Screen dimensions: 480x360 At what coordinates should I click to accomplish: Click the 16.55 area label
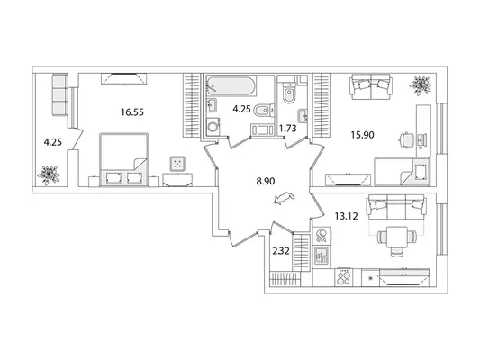click(x=132, y=112)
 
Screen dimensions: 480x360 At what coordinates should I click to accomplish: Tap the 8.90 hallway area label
click(x=266, y=182)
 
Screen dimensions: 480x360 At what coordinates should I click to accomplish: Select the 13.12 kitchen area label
click(x=346, y=217)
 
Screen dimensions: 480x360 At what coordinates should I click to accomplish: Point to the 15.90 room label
click(x=362, y=135)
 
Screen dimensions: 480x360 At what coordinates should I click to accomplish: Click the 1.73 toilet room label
click(x=288, y=129)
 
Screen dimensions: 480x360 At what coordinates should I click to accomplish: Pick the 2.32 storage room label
click(x=281, y=251)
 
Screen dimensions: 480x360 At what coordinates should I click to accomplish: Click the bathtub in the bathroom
click(x=231, y=85)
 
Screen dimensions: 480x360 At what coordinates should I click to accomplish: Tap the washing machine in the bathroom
click(x=213, y=126)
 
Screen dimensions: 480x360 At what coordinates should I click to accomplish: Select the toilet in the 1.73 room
click(x=288, y=93)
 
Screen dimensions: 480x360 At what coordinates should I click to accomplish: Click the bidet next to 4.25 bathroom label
click(x=263, y=111)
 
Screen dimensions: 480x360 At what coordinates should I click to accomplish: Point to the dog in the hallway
click(x=284, y=198)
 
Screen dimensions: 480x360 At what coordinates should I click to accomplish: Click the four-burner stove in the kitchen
click(x=344, y=277)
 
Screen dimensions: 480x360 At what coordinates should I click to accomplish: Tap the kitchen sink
click(x=322, y=256)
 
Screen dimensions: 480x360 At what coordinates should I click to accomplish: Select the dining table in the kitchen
click(x=397, y=237)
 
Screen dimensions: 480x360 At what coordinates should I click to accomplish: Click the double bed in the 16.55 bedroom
click(x=124, y=159)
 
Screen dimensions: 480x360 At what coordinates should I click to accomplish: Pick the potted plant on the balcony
click(x=48, y=175)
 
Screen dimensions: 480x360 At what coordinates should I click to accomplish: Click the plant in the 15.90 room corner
click(x=421, y=85)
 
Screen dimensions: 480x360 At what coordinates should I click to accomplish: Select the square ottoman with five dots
click(x=177, y=164)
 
